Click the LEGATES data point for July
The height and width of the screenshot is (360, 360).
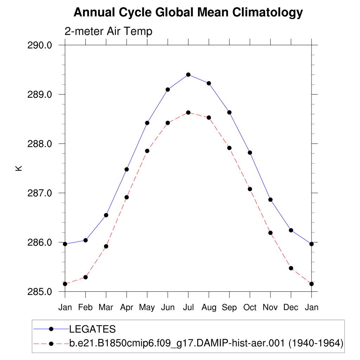188,75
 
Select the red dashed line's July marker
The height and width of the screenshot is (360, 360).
188,112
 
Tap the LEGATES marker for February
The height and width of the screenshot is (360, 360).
85,240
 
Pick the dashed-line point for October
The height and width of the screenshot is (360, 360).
250,189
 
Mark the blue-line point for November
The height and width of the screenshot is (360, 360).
270,200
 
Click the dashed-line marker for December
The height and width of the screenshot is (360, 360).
291,268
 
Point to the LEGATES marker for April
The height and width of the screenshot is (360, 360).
127,169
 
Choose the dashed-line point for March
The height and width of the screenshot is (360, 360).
106,246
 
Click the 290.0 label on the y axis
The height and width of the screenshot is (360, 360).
40,45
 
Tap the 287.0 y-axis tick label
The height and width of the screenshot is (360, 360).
40,193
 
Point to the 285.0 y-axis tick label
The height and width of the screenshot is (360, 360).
40,292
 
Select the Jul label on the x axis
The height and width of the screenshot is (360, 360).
188,308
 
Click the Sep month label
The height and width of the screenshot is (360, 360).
229,308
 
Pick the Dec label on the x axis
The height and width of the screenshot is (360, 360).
291,308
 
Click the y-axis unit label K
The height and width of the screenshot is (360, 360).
19,168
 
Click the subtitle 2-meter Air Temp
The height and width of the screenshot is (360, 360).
108,31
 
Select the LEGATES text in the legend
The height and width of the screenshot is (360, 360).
92,329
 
